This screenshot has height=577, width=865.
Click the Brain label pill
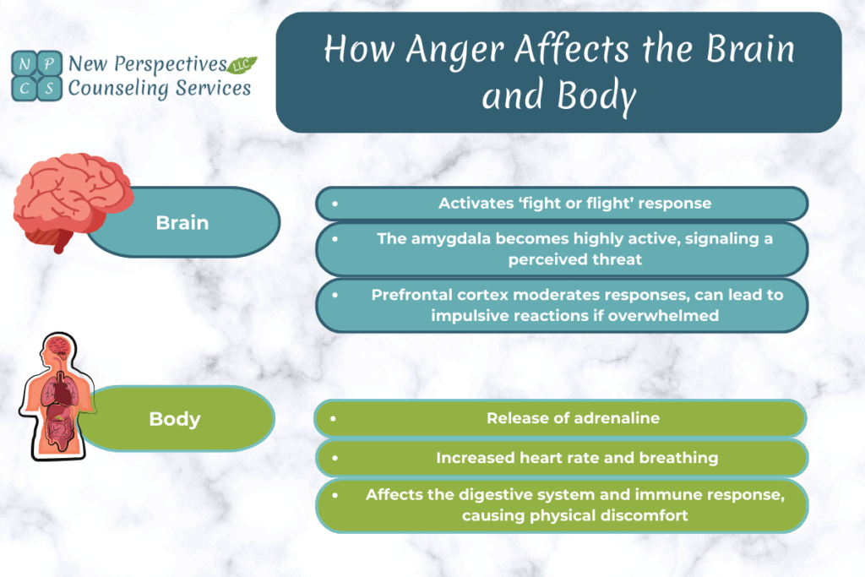point(183,223)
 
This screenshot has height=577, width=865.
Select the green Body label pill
point(175,419)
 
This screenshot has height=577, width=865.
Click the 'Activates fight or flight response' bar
point(563,204)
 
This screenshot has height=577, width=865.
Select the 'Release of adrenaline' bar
point(563,418)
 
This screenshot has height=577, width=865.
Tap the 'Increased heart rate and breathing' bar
point(563,458)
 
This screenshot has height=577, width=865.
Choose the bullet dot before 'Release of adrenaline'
point(335,418)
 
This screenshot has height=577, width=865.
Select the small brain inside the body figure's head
point(57,346)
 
